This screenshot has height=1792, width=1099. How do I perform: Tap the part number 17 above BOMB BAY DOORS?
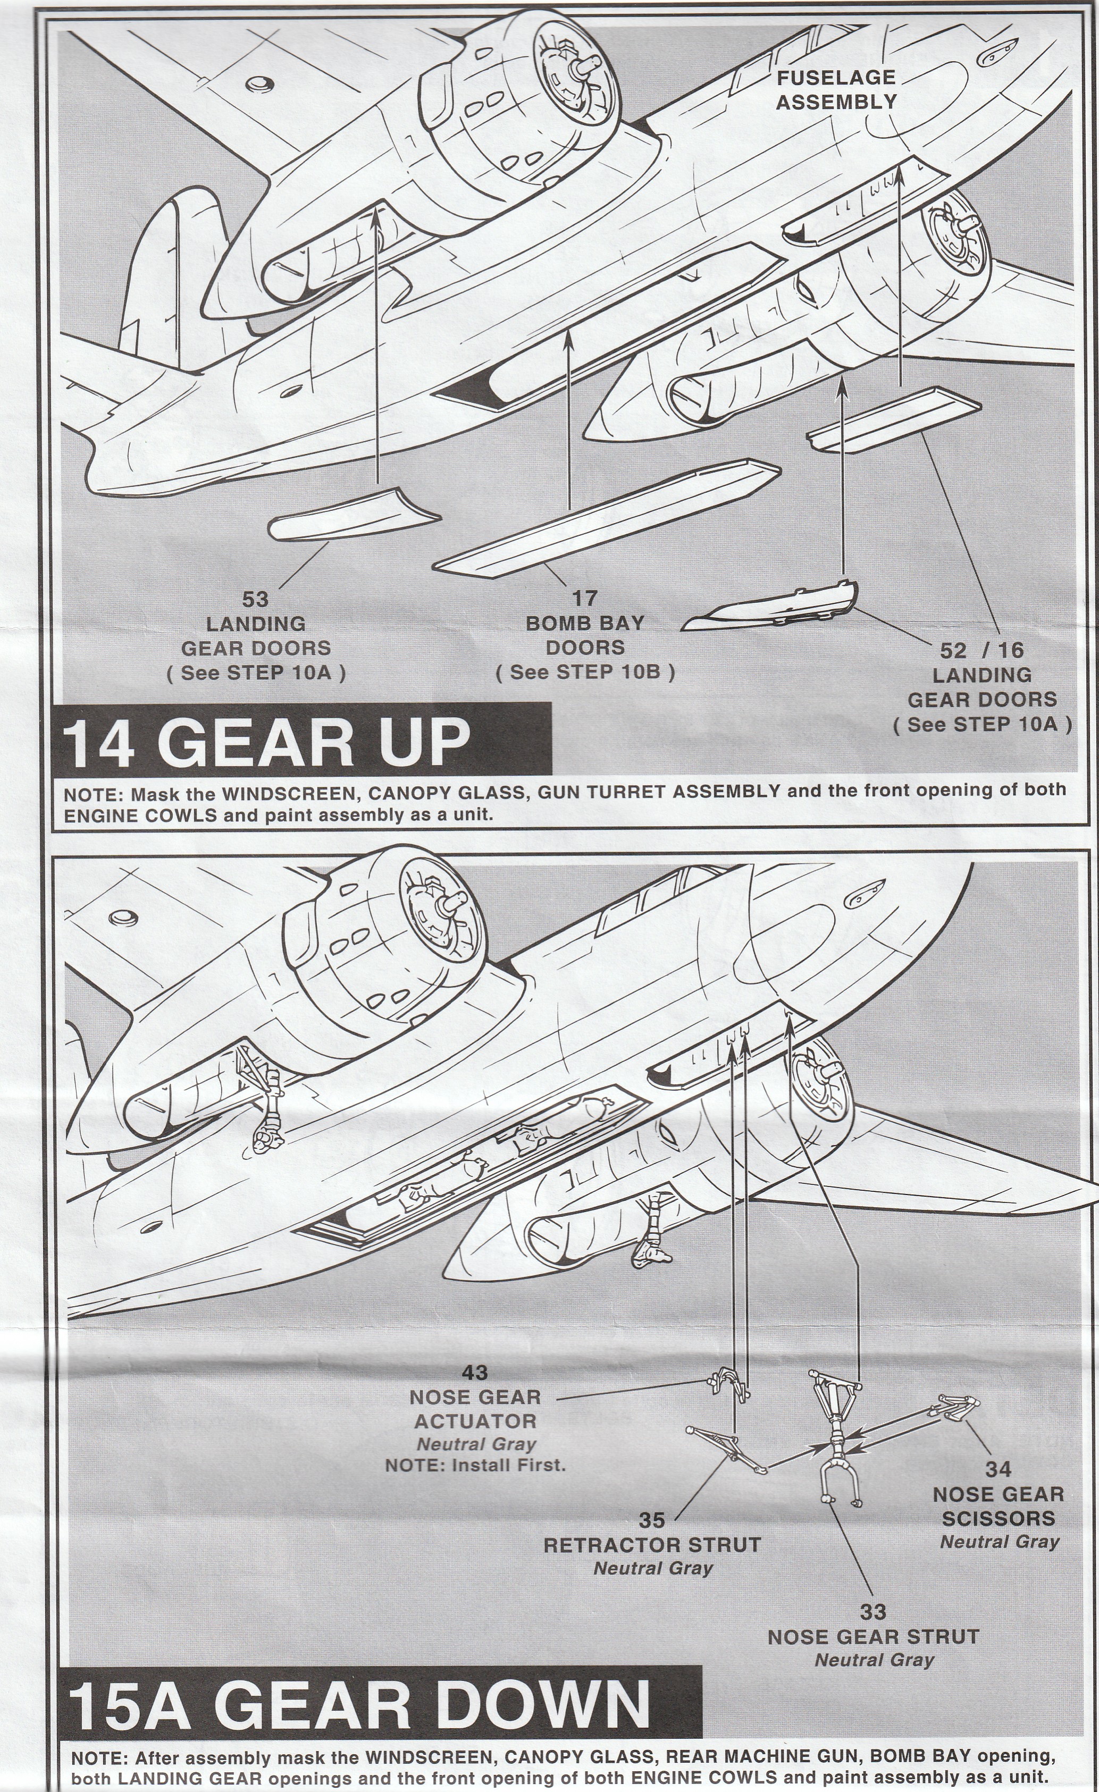(x=585, y=599)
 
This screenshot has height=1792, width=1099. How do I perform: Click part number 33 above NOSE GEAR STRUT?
(x=873, y=1592)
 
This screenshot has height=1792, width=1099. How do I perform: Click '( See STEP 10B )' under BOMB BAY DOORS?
(x=585, y=672)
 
